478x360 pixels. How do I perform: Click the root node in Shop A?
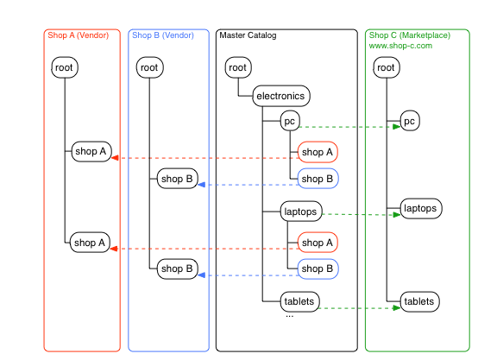(x=65, y=67)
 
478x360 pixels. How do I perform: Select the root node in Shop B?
(x=149, y=67)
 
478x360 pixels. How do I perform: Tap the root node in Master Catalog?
(x=238, y=67)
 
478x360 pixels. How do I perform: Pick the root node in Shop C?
(x=387, y=67)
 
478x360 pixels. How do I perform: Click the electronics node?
(x=281, y=96)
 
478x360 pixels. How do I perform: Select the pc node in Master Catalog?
(x=290, y=121)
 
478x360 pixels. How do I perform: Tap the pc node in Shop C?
(x=410, y=121)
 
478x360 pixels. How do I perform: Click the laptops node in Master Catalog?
(x=301, y=212)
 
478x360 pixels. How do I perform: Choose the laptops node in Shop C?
(x=421, y=208)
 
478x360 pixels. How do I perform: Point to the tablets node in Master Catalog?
(x=299, y=302)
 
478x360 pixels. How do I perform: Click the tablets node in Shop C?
(x=419, y=302)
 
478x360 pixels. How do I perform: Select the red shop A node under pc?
(x=318, y=152)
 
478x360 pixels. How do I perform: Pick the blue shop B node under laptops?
(x=318, y=268)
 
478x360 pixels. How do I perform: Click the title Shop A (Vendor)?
(x=79, y=35)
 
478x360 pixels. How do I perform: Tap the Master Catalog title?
(x=248, y=35)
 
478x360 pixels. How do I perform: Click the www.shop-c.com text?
(x=400, y=46)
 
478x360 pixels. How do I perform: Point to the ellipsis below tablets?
(x=290, y=316)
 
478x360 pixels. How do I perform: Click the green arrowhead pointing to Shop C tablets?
(x=397, y=308)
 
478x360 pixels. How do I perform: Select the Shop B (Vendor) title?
(x=163, y=35)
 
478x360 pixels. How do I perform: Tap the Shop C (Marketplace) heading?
(x=410, y=35)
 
